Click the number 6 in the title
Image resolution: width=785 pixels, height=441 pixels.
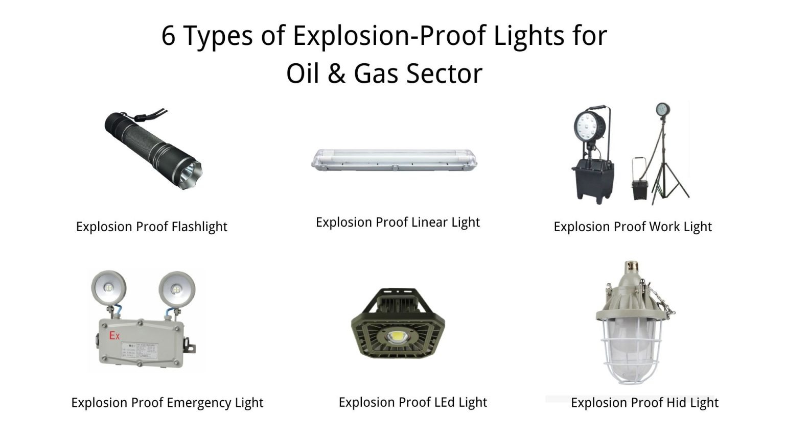click(x=169, y=36)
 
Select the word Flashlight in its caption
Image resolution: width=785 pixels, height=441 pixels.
click(x=199, y=227)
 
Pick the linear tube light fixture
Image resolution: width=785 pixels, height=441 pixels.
click(x=394, y=160)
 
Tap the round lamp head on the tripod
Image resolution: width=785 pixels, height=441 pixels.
click(x=662, y=110)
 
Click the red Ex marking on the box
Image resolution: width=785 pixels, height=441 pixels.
click(x=114, y=336)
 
